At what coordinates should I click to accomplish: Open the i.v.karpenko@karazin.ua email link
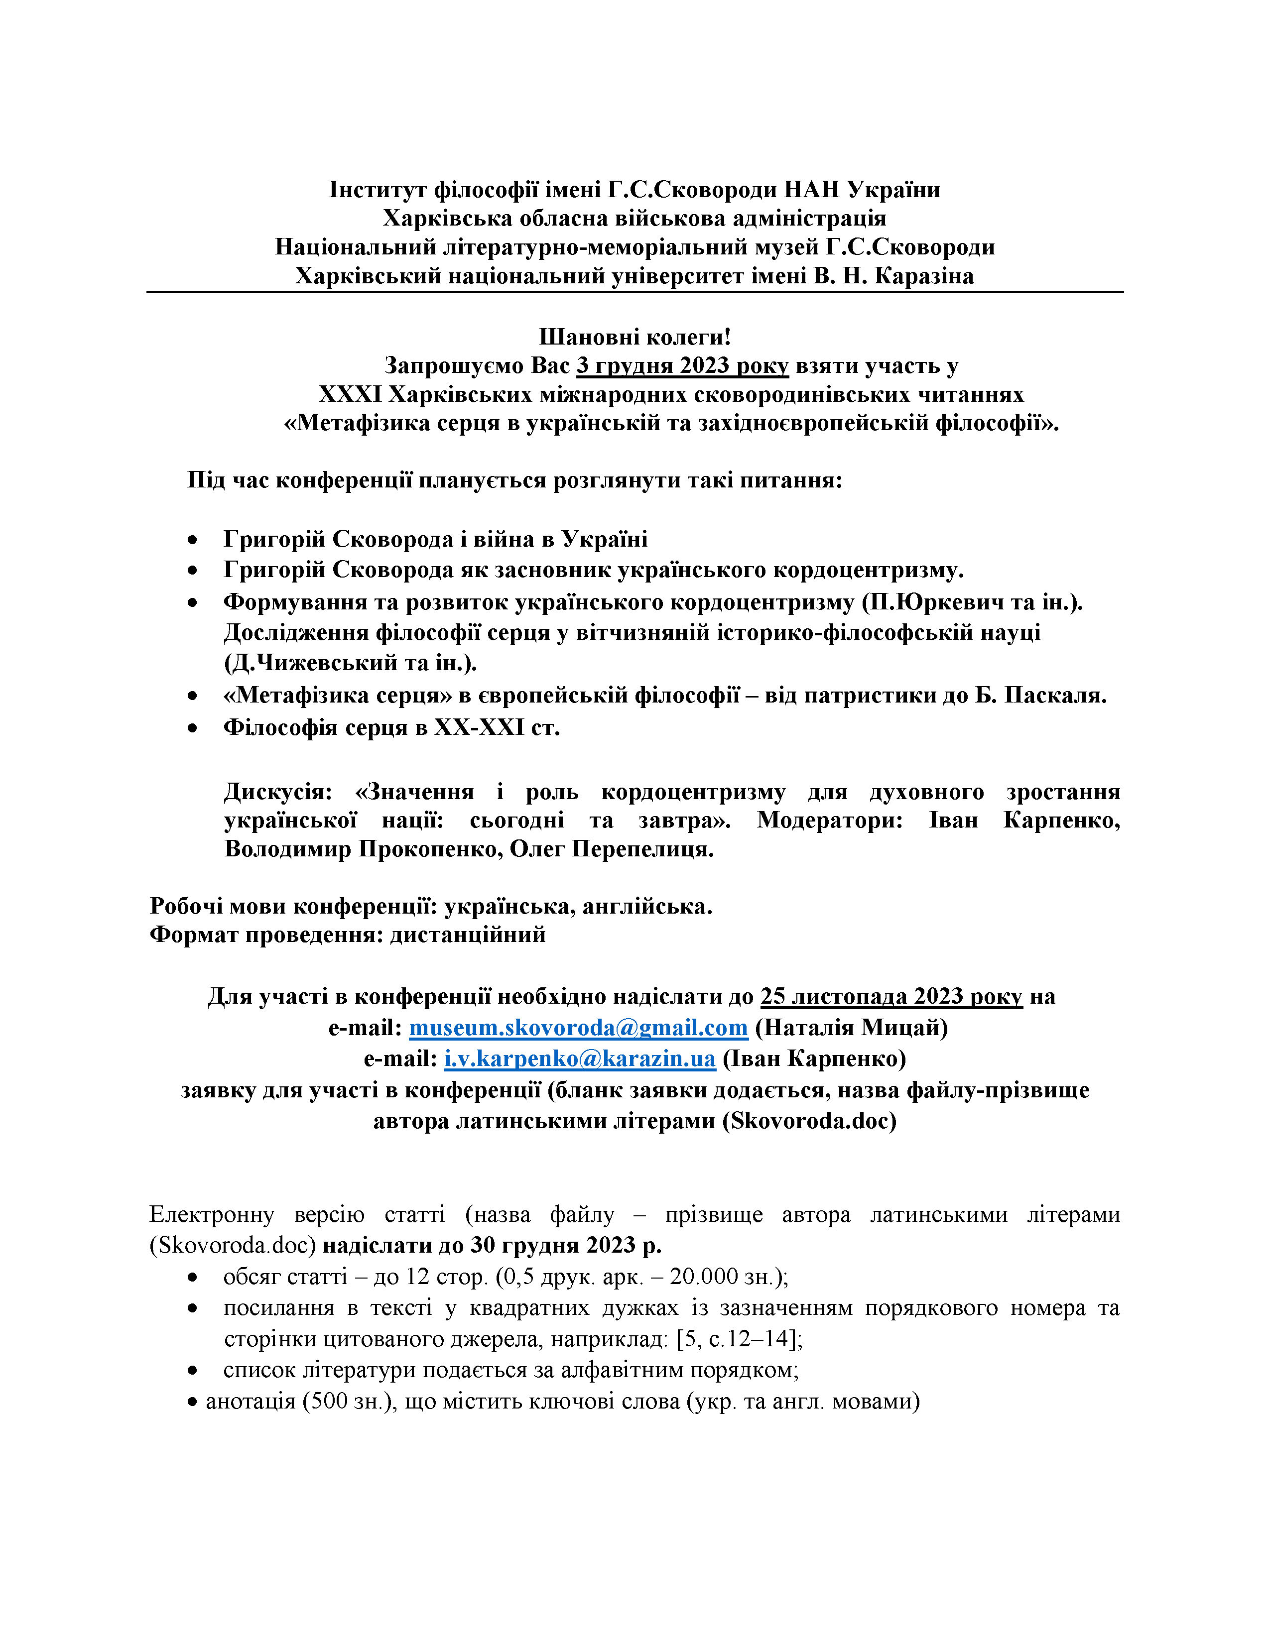579,1058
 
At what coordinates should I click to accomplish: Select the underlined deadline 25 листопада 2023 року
891,996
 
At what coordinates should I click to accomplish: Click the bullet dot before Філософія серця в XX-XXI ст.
194,728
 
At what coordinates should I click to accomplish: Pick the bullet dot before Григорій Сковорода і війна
194,540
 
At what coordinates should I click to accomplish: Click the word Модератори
830,820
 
